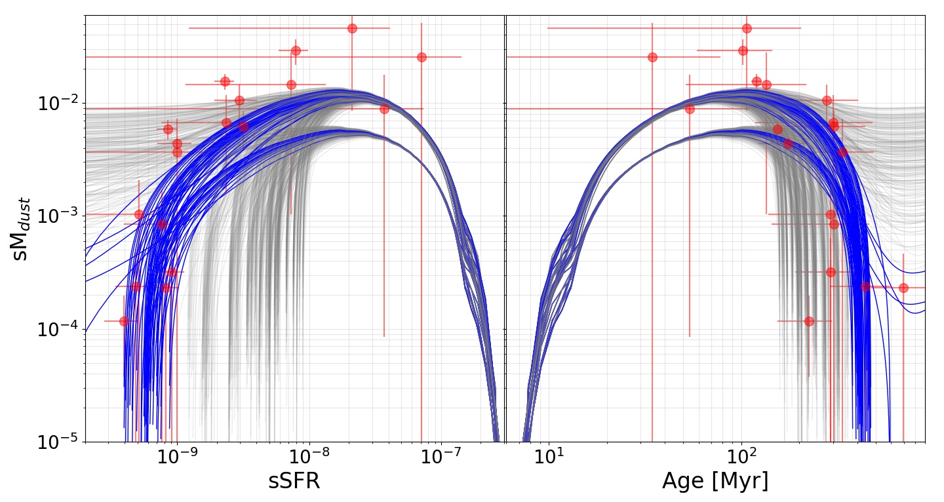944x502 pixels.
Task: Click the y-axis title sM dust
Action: (20, 229)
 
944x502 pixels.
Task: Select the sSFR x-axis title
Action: (294, 481)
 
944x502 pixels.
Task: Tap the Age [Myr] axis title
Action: (716, 481)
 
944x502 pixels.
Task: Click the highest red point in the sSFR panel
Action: (352, 29)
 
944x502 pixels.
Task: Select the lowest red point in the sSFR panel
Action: (125, 321)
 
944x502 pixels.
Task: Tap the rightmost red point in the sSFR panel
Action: (422, 57)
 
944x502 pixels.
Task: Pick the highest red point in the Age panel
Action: (747, 29)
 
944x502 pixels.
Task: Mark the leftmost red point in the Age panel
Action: (652, 57)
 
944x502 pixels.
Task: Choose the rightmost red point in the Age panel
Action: (903, 288)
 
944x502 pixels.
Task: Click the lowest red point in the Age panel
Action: (809, 321)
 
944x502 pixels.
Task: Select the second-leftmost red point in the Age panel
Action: (690, 109)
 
